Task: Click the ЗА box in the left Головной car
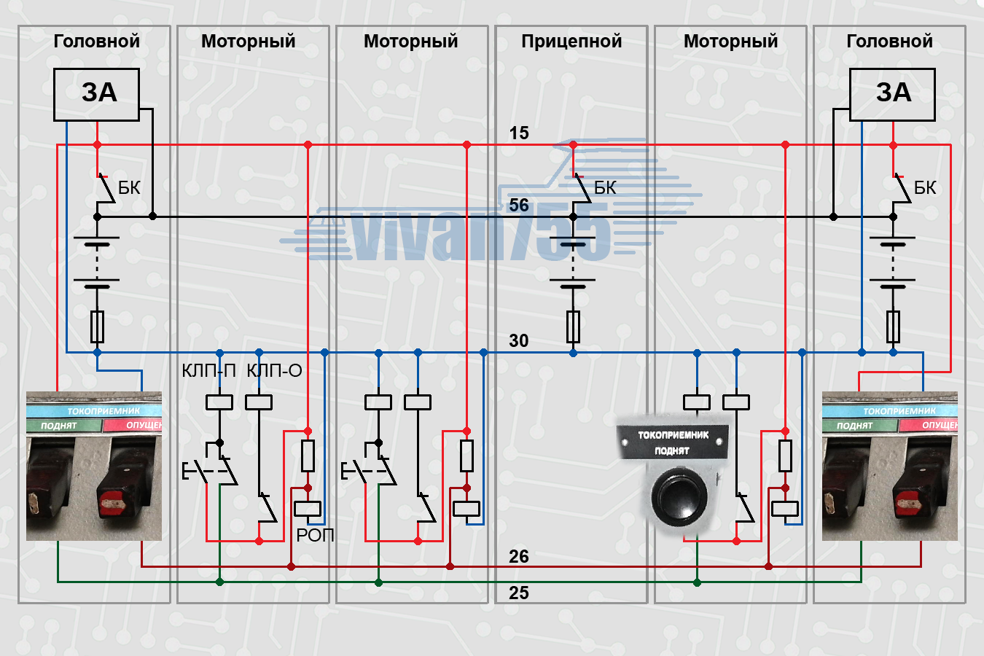[x=96, y=94]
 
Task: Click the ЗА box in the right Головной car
[x=892, y=94]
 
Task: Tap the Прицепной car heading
[x=571, y=42]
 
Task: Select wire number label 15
[x=519, y=133]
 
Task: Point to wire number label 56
[x=519, y=205]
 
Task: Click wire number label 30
[x=519, y=340]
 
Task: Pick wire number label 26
[x=519, y=557]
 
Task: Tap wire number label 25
[x=519, y=593]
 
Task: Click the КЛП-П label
[x=209, y=371]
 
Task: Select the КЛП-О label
[x=274, y=371]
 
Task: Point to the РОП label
[x=315, y=536]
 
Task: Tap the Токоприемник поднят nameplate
[x=673, y=442]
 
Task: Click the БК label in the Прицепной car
[x=605, y=188]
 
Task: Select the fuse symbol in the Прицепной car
[x=574, y=327]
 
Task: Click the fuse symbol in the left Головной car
[x=97, y=327]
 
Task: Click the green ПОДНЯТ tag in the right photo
[x=854, y=426]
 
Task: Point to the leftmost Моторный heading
[x=249, y=42]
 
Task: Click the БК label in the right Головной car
[x=925, y=188]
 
